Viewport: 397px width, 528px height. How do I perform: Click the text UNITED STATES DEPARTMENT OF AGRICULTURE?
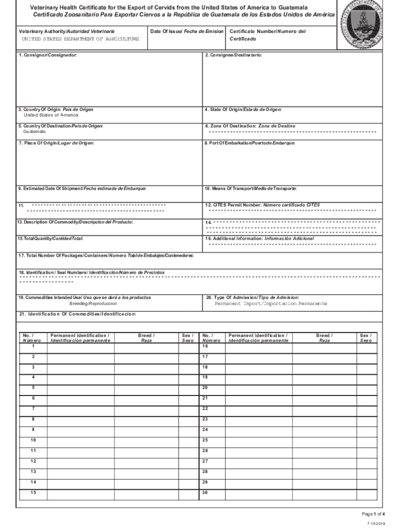click(x=80, y=39)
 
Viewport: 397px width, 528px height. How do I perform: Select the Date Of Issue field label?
click(x=187, y=31)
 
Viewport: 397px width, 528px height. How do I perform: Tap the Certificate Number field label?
click(x=267, y=31)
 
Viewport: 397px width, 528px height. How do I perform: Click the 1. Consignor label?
click(x=47, y=55)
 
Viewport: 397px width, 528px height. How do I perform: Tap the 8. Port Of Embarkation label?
click(x=250, y=143)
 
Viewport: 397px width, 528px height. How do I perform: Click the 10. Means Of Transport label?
click(x=251, y=189)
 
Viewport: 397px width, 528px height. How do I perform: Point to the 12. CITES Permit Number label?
click(x=262, y=205)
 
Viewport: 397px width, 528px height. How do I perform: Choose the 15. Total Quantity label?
click(x=50, y=239)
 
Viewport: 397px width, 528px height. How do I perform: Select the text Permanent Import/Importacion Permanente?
click(x=271, y=304)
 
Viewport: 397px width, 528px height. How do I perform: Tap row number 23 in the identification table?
click(x=205, y=419)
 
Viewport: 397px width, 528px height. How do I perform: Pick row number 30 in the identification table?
click(x=205, y=492)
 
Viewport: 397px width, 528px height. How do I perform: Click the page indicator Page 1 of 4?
click(x=374, y=514)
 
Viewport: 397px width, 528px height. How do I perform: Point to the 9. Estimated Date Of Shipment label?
click(x=82, y=189)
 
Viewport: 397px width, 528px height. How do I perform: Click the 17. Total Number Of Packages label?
click(x=106, y=256)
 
